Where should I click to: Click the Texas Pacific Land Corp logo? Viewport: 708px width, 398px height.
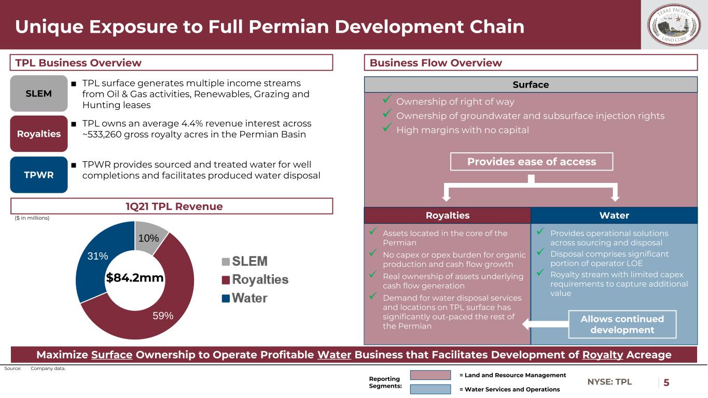click(x=674, y=25)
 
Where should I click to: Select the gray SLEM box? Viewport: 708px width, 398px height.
click(x=39, y=93)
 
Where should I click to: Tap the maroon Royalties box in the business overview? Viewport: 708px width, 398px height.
click(x=39, y=134)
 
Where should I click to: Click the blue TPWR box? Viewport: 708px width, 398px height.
click(x=39, y=175)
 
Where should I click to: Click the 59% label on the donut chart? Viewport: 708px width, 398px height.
click(x=163, y=316)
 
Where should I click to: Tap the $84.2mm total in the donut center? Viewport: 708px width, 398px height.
click(x=135, y=278)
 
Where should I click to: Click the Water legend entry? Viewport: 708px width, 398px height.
click(x=245, y=298)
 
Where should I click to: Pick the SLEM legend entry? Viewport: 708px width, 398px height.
click(x=245, y=261)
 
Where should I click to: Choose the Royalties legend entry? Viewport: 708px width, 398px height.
click(x=255, y=279)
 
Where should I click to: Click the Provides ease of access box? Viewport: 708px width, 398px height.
click(x=532, y=162)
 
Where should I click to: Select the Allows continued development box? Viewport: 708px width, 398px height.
click(x=622, y=324)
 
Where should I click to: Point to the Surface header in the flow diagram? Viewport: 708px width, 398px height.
click(x=531, y=84)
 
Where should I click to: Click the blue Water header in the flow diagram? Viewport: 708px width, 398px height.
click(x=614, y=216)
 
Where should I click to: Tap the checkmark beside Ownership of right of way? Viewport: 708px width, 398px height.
click(x=387, y=99)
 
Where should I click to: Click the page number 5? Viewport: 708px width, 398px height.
click(x=667, y=382)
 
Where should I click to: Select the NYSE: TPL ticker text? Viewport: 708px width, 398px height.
click(x=609, y=382)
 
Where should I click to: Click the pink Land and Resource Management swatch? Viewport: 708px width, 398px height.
click(x=431, y=375)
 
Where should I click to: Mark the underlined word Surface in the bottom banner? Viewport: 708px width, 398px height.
click(x=112, y=354)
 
